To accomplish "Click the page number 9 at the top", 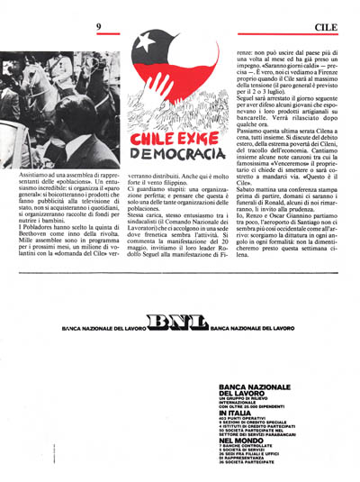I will point(97,28).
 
